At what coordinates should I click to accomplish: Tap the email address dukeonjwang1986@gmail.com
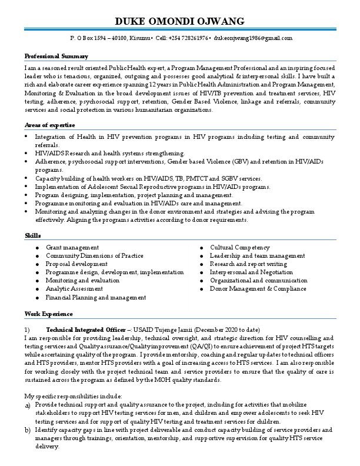[x=253, y=38]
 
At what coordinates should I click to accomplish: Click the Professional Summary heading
[x=56, y=56]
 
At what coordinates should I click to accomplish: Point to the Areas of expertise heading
[x=50, y=125]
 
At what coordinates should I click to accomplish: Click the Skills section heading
[x=33, y=235]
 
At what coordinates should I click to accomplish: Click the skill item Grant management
[x=72, y=248]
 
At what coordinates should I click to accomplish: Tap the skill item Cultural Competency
[x=240, y=248]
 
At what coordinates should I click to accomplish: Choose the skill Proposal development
[x=76, y=264]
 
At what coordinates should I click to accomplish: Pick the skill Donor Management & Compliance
[x=258, y=289]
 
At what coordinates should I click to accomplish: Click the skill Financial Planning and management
[x=96, y=298]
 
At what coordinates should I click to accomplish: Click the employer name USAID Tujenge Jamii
[x=168, y=329]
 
